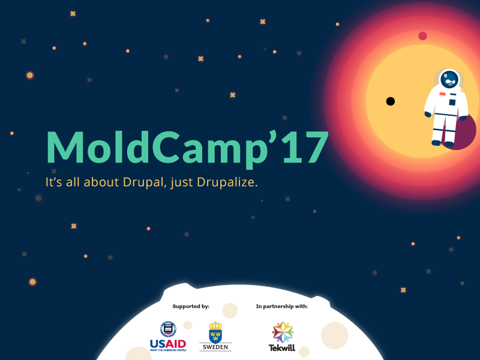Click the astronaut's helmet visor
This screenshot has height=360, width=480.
(450, 79)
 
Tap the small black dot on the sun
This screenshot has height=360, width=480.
(390, 101)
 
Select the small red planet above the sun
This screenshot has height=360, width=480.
(422, 36)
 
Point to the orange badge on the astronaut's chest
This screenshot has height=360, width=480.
(442, 94)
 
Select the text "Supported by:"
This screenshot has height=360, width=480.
(191, 307)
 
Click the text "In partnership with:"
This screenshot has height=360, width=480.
(281, 307)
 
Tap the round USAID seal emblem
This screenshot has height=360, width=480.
(168, 329)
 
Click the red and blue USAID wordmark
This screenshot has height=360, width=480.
(168, 343)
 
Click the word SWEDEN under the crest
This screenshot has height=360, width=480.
(215, 347)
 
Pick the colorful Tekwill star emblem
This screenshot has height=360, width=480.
(282, 331)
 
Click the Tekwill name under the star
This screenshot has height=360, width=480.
(282, 347)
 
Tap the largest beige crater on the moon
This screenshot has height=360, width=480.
(334, 335)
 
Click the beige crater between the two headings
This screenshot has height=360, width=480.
(230, 310)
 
